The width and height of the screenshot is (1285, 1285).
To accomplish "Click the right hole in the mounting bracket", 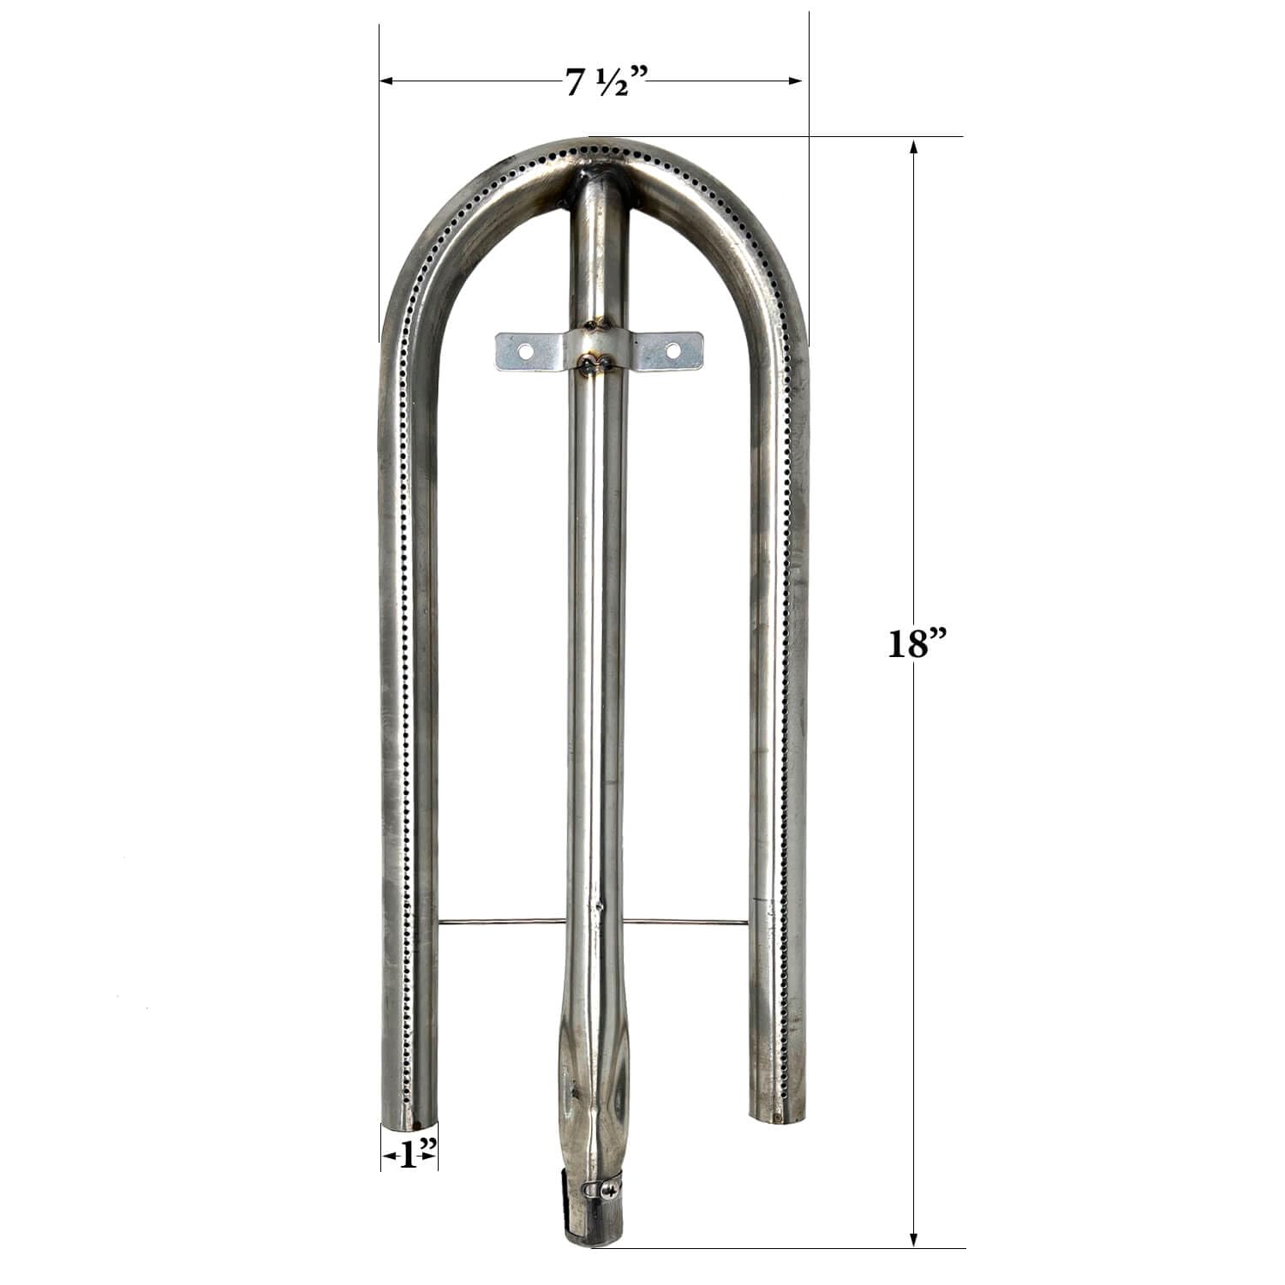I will [x=673, y=350].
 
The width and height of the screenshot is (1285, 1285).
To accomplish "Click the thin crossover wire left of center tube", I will [x=501, y=923].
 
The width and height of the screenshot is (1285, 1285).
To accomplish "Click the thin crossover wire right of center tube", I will [x=685, y=922].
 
